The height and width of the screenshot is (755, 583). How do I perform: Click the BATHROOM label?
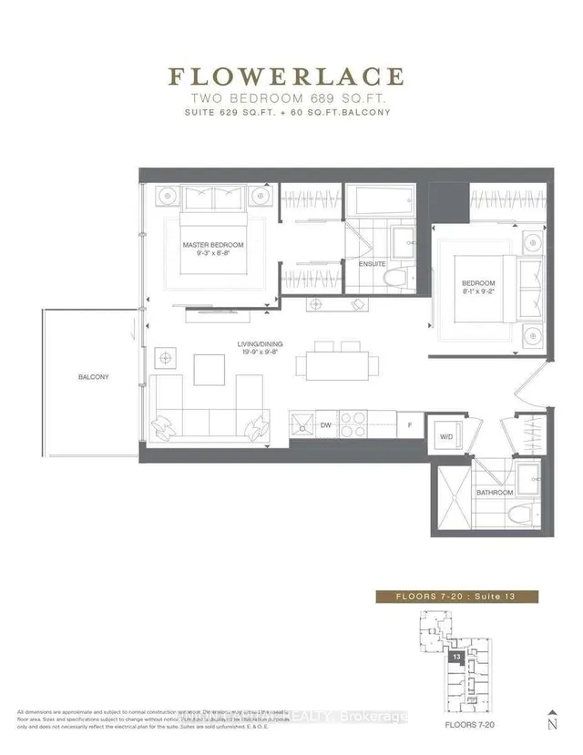(494, 492)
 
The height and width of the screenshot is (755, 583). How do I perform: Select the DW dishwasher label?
(325, 424)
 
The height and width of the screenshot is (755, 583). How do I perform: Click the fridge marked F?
(411, 424)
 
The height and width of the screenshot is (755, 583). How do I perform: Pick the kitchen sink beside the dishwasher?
(301, 423)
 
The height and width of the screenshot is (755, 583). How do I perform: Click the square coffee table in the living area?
(208, 368)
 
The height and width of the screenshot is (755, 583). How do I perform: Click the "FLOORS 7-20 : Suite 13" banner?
(457, 597)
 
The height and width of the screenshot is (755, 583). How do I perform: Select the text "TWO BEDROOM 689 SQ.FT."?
(291, 98)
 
